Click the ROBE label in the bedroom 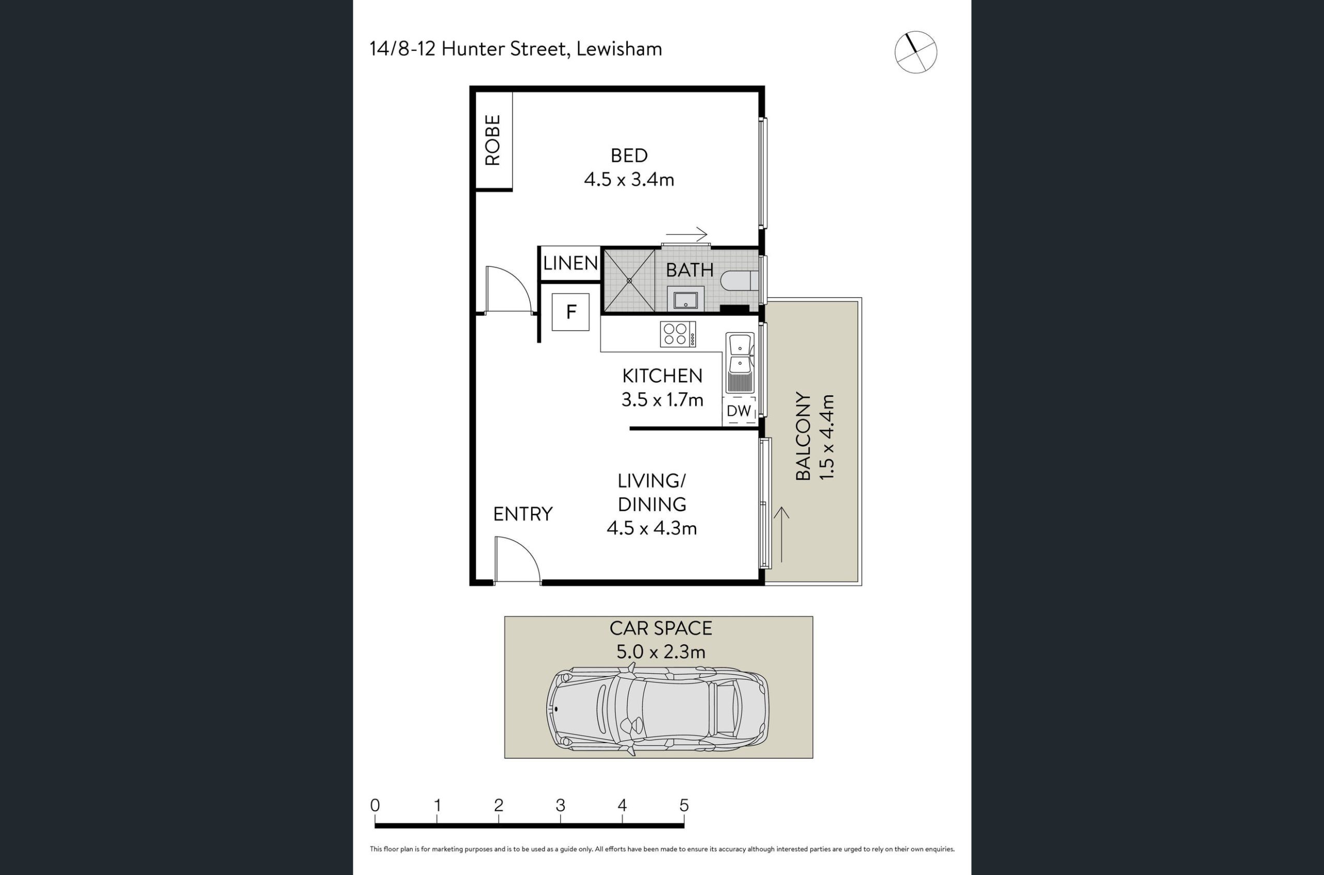pyautogui.click(x=492, y=140)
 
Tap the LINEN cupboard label pyautogui.click(x=570, y=263)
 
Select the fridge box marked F pyautogui.click(x=570, y=312)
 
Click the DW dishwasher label pyautogui.click(x=739, y=411)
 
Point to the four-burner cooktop pyautogui.click(x=678, y=334)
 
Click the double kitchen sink pyautogui.click(x=740, y=363)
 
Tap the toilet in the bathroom pyautogui.click(x=740, y=280)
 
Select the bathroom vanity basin pyautogui.click(x=685, y=300)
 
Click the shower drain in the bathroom pyautogui.click(x=629, y=280)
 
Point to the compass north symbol pyautogui.click(x=916, y=52)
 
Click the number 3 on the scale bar pyautogui.click(x=560, y=805)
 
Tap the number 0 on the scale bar pyautogui.click(x=375, y=805)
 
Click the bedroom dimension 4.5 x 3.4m pyautogui.click(x=629, y=180)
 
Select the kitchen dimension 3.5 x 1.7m pyautogui.click(x=662, y=399)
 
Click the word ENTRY pyautogui.click(x=522, y=514)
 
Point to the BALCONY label pyautogui.click(x=803, y=436)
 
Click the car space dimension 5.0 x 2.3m pyautogui.click(x=661, y=652)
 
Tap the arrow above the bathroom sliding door pyautogui.click(x=686, y=234)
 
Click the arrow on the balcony pyautogui.click(x=781, y=535)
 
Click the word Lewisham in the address pyautogui.click(x=619, y=49)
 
